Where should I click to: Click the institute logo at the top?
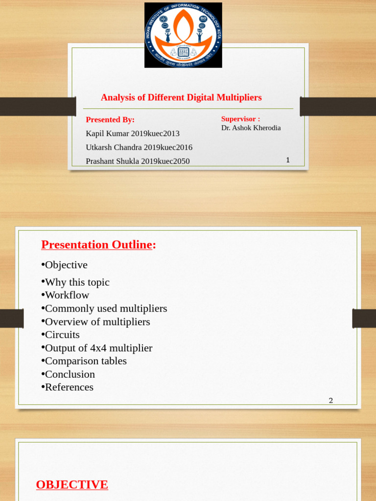(x=183, y=35)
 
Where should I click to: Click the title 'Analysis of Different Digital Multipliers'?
(x=181, y=97)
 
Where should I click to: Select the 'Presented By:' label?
(x=110, y=120)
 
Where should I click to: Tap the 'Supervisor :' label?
(x=240, y=119)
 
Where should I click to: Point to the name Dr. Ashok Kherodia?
(x=251, y=128)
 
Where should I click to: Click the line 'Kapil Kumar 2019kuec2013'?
(x=133, y=134)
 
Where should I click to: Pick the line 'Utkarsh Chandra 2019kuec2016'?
(x=139, y=147)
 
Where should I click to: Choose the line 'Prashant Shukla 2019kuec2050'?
(x=138, y=161)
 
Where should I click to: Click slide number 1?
(x=288, y=160)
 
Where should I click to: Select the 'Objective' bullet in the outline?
(x=66, y=265)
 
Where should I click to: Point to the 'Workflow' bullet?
(x=67, y=295)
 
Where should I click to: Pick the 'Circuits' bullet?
(x=62, y=335)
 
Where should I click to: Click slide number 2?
(x=331, y=400)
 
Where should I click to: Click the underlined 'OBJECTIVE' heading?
(x=72, y=484)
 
